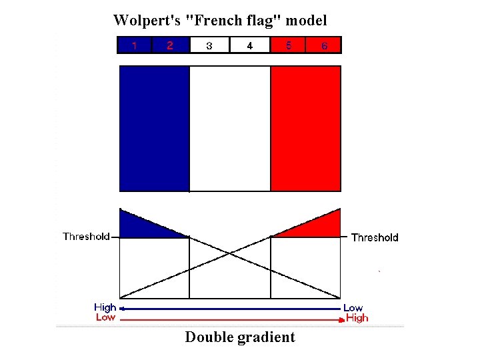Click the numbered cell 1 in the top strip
click(x=135, y=45)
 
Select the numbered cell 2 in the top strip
click(x=171, y=45)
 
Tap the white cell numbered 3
click(x=209, y=45)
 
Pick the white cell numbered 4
click(x=249, y=45)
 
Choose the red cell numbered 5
click(x=288, y=45)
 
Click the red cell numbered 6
click(x=324, y=45)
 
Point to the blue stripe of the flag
click(x=154, y=128)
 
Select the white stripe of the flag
click(x=230, y=128)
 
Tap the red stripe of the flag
click(x=305, y=128)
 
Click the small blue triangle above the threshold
click(x=137, y=225)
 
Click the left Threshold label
click(x=86, y=236)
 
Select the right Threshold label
click(x=375, y=237)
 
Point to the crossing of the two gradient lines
click(x=230, y=253)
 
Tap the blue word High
click(x=105, y=307)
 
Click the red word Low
click(x=105, y=317)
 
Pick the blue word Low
click(x=353, y=308)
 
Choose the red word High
click(x=357, y=318)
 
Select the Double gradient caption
click(x=240, y=337)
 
